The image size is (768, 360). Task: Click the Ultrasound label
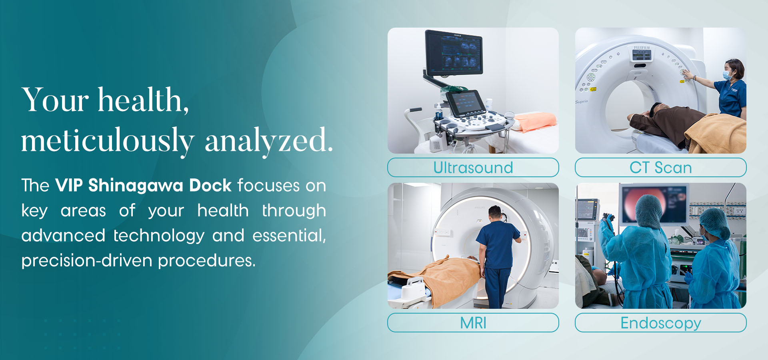coord(473,168)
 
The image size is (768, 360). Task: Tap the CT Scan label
coord(660,168)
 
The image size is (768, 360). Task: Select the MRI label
coord(473,323)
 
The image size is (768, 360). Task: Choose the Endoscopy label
coord(661,323)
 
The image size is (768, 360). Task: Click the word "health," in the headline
coord(144,100)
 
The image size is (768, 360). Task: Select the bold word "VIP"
coord(69,186)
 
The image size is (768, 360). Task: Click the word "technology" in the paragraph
coord(159,236)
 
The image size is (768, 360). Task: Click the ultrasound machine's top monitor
coord(454,53)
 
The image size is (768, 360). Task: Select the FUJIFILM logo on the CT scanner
coord(642,48)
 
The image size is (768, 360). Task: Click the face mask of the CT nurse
coord(728,75)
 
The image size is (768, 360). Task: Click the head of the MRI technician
coord(495,213)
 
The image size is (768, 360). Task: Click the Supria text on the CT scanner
coord(581,102)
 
